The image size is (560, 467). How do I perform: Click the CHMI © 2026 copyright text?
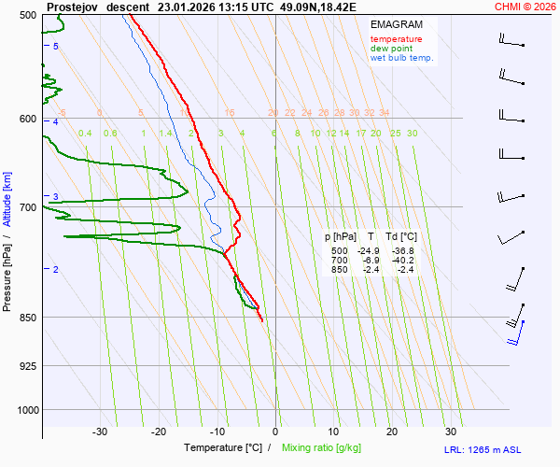click(x=525, y=6)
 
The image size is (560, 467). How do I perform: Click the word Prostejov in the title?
click(x=72, y=6)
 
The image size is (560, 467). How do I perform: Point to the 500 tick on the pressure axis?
click(x=27, y=16)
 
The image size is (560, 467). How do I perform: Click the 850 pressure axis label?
click(x=27, y=318)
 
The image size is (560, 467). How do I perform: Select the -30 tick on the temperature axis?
click(x=100, y=432)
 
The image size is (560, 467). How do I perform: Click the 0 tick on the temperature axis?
click(x=275, y=432)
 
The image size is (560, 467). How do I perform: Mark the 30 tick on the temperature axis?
click(x=451, y=432)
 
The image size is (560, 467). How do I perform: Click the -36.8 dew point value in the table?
click(x=403, y=251)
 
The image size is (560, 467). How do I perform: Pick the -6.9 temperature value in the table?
click(x=371, y=261)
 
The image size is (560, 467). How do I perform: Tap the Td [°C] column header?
click(x=401, y=237)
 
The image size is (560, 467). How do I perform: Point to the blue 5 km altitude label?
click(x=56, y=46)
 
